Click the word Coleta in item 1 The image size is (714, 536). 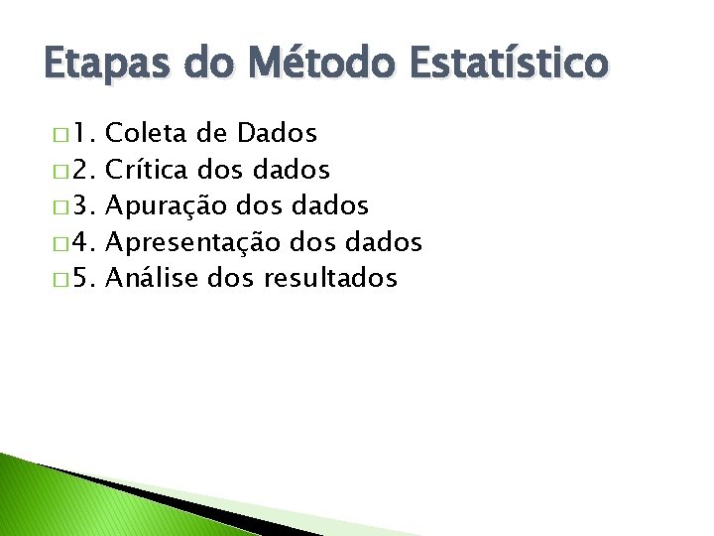click(146, 133)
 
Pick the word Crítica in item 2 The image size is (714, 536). click(148, 170)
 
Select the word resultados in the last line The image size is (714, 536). click(330, 278)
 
